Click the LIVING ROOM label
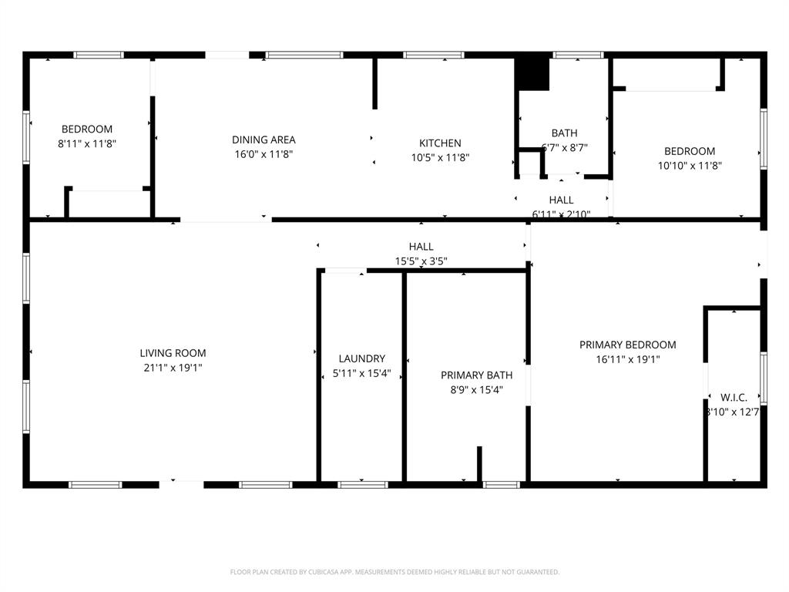pos(173,353)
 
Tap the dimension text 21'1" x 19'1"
pos(173,368)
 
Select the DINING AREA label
pos(264,140)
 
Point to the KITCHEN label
pos(440,143)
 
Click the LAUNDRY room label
pos(361,358)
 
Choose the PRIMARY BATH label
pos(476,375)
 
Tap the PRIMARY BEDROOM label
pos(627,345)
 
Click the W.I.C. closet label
pos(733,397)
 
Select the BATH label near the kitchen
pos(564,133)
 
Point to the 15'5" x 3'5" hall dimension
pos(421,261)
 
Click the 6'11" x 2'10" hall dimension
pos(561,214)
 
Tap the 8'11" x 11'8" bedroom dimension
pos(86,143)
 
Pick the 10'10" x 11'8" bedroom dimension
pos(689,165)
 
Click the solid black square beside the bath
pos(531,73)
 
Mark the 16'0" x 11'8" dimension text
pos(264,154)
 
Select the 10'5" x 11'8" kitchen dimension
pos(440,157)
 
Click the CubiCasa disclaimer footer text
pos(394,572)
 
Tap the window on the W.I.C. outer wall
pos(764,378)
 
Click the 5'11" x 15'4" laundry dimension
pos(361,374)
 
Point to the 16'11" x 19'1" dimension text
pos(627,359)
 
